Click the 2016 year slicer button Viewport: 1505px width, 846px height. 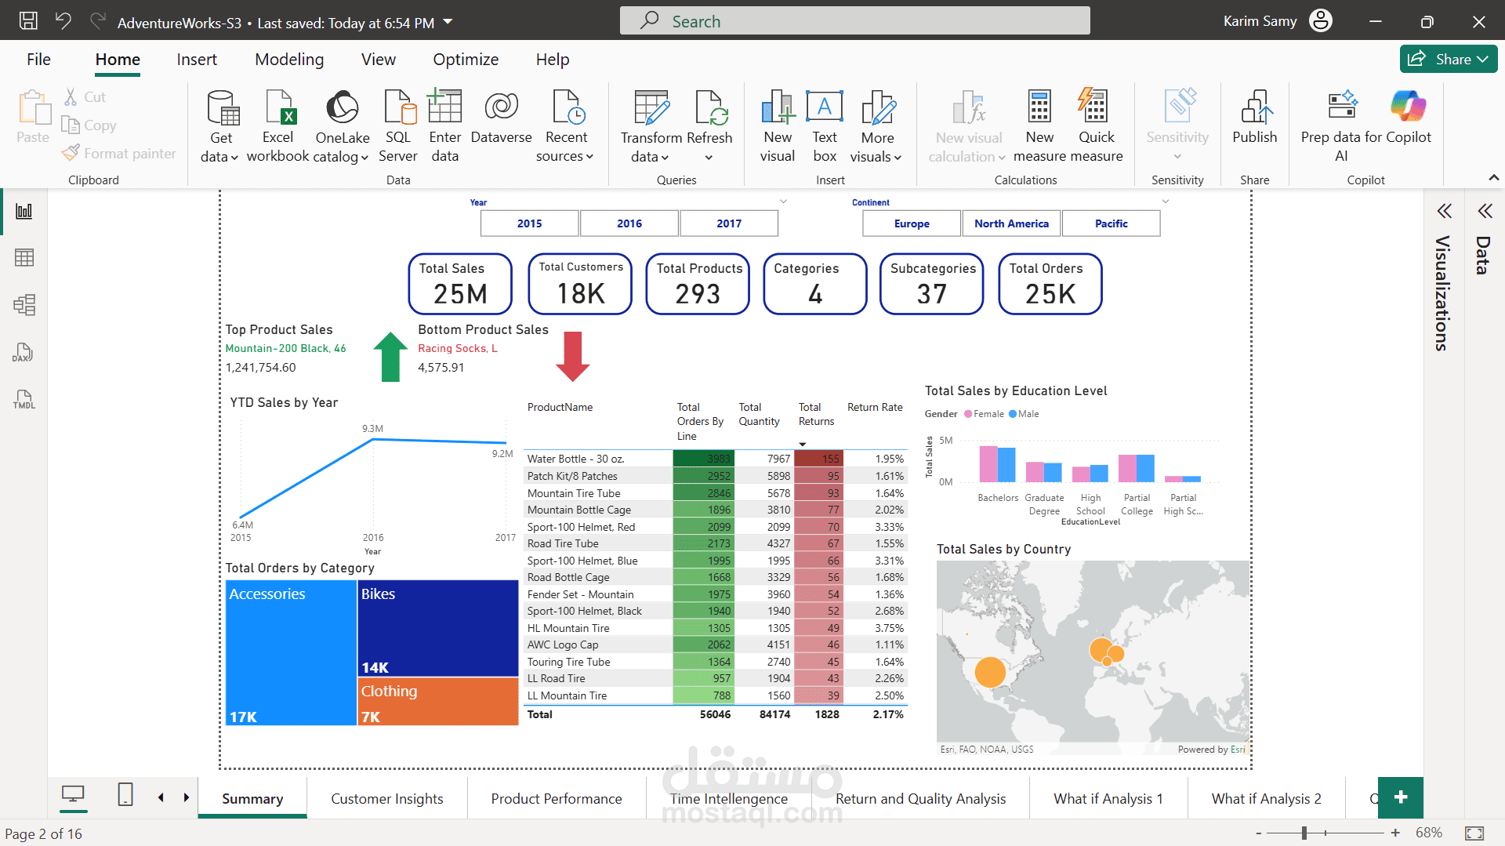pos(629,223)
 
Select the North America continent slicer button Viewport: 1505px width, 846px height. pos(1011,223)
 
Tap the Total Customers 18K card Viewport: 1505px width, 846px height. pos(580,284)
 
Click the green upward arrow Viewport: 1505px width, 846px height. pos(390,357)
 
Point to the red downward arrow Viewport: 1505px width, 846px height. pos(573,357)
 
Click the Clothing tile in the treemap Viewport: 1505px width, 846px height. pos(438,702)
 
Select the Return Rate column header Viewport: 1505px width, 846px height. pos(875,407)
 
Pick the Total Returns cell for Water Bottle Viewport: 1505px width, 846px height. pos(818,459)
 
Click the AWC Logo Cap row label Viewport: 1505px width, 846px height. pos(563,644)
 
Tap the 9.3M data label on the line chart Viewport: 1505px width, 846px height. pos(372,429)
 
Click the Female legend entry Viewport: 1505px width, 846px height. pos(984,414)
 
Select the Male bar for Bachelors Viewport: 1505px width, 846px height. pos(1006,465)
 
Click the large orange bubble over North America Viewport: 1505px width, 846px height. pos(990,672)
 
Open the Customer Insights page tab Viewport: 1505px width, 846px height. pos(387,798)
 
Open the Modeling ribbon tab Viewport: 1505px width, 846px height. pos(289,60)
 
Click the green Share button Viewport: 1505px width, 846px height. pos(1449,60)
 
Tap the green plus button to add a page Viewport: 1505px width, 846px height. pos(1401,797)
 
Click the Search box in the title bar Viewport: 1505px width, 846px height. pos(854,21)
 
